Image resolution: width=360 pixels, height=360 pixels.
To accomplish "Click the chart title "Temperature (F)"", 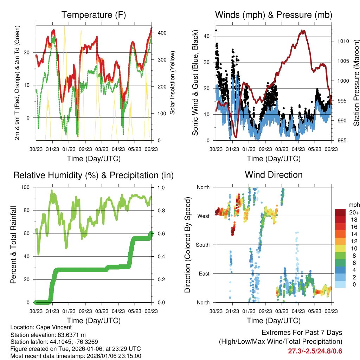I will coord(94,15).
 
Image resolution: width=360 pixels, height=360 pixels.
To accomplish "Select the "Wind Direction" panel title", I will coord(274,175).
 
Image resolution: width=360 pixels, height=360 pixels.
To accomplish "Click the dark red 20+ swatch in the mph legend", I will coord(341,212).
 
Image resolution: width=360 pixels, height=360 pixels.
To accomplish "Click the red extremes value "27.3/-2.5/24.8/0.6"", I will coord(315,351).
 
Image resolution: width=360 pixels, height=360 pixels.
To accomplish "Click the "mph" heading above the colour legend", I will coord(354,205).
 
